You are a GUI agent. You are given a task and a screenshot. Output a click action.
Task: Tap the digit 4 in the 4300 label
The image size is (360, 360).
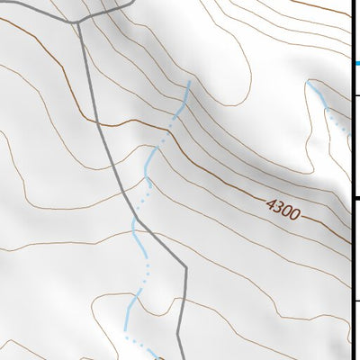coord(270,206)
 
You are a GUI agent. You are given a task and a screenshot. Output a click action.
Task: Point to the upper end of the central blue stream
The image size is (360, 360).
coord(189,81)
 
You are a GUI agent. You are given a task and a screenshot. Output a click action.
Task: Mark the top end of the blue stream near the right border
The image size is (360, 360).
coord(309,82)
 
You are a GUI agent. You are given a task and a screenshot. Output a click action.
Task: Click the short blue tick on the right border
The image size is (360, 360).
coord(355,63)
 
